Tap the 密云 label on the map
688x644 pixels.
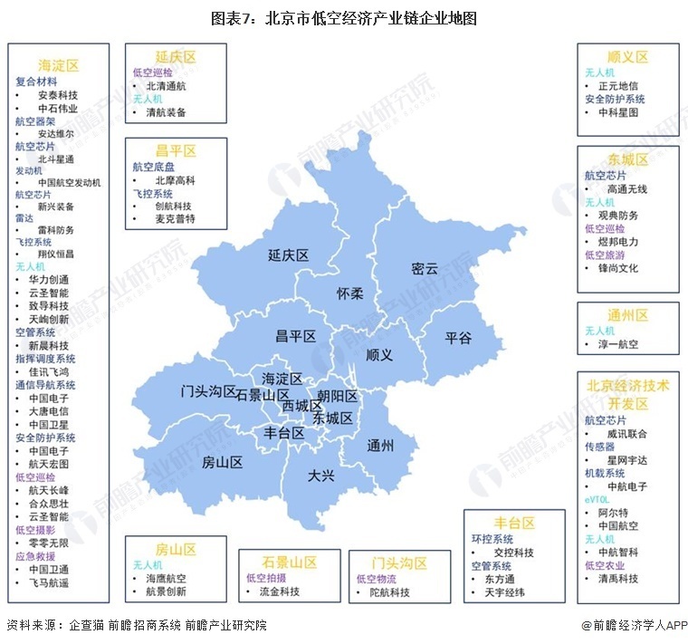[x=424, y=268]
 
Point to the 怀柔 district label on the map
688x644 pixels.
[x=349, y=293]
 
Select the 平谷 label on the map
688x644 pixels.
[x=458, y=337]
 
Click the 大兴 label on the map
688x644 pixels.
[x=321, y=475]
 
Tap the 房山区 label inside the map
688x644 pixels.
[x=222, y=462]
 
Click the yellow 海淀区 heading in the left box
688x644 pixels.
[x=59, y=65]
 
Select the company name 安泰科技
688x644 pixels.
[x=58, y=94]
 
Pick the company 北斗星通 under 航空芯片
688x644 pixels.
[x=56, y=159]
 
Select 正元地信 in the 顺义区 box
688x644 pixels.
[x=618, y=86]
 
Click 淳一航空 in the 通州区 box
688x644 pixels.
[x=618, y=344]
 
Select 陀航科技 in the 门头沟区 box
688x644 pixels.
[x=389, y=592]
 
